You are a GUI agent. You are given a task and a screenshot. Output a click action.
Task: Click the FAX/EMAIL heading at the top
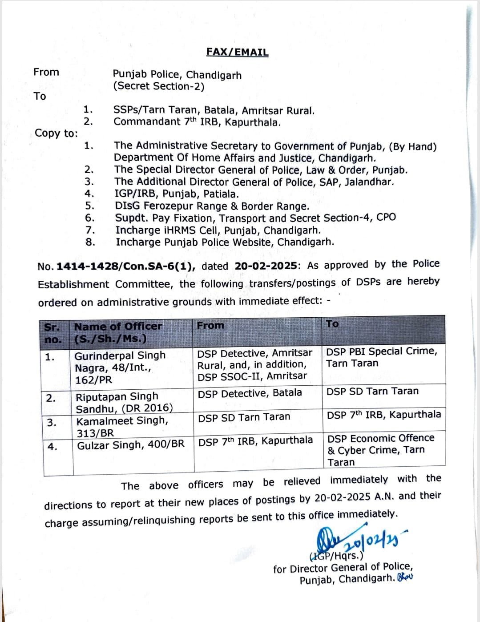point(237,52)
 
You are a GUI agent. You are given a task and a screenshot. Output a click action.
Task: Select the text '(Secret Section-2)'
point(158,86)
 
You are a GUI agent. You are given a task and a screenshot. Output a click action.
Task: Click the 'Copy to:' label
point(56,133)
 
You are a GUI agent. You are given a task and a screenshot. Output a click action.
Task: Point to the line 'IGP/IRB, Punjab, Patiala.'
point(177,194)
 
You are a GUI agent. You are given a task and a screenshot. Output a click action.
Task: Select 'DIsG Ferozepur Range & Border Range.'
point(212,206)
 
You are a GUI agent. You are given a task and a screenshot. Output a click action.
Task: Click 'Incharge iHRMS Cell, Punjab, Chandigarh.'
point(218,230)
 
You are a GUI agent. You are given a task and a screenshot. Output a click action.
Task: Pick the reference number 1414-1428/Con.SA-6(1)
point(126,266)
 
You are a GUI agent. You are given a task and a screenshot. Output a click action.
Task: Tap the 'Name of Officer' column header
point(118,326)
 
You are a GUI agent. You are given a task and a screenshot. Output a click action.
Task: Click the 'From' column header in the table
point(210,325)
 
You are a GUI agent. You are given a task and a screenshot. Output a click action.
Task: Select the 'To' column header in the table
point(332,324)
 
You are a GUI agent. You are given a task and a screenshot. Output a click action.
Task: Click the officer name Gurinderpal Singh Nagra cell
point(120,368)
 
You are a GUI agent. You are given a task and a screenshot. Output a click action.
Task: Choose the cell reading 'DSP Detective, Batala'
point(250,393)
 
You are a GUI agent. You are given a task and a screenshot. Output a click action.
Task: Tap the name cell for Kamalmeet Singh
point(122,427)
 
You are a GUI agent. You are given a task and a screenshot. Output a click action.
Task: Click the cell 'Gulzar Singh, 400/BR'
point(130,445)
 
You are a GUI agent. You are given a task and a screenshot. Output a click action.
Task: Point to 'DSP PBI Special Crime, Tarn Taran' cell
point(382,357)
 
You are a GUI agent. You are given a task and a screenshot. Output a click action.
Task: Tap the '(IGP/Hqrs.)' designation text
point(336,555)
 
